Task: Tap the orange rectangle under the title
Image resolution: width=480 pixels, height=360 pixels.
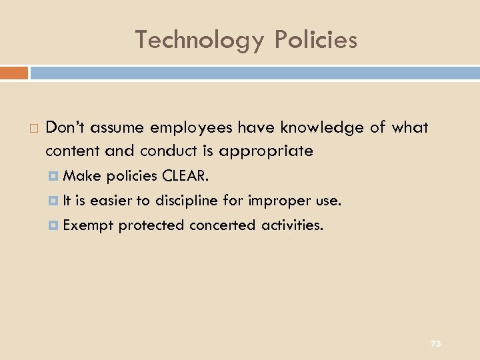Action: coord(14,72)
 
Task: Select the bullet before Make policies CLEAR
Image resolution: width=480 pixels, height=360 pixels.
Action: coord(55,176)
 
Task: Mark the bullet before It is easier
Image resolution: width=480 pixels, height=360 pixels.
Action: coord(55,201)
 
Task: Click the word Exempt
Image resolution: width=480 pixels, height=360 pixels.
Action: coord(89,225)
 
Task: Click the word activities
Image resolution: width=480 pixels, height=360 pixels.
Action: coord(292,225)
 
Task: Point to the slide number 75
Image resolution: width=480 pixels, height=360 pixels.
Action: coord(435,343)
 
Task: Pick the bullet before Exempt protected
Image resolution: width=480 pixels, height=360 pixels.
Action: coord(55,225)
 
